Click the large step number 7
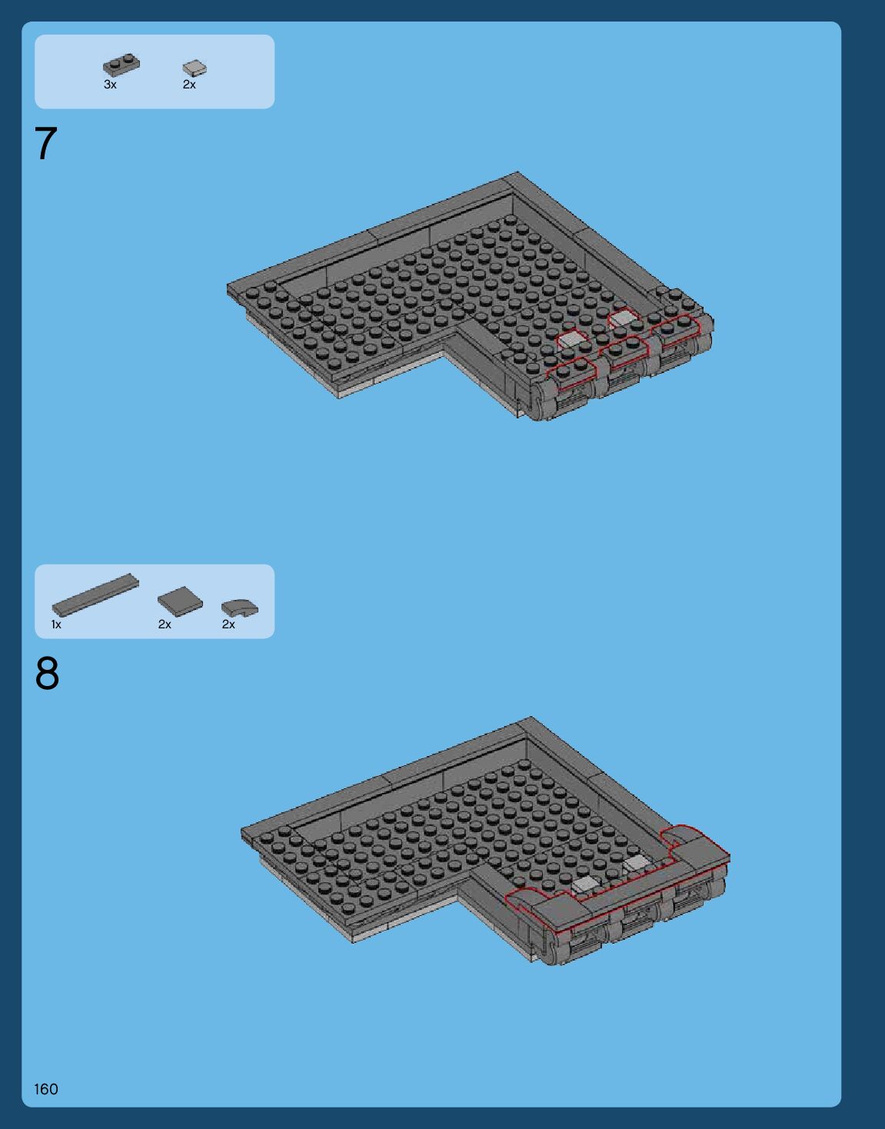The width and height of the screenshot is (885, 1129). click(45, 143)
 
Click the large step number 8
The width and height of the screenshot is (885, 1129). click(47, 674)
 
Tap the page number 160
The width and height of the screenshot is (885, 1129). click(45, 1089)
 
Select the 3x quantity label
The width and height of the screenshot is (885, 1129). click(110, 85)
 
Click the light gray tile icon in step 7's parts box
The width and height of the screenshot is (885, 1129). click(195, 68)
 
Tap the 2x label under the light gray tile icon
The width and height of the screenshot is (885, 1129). click(189, 85)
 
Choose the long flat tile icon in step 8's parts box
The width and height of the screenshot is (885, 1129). click(95, 595)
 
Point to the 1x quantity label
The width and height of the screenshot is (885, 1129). click(56, 624)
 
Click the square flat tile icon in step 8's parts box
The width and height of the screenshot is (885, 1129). click(180, 601)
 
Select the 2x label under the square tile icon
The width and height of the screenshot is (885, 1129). click(165, 624)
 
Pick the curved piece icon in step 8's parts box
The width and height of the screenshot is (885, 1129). click(239, 608)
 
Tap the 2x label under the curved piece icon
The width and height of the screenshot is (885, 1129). click(228, 624)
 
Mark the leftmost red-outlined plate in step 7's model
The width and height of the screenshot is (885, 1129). click(571, 373)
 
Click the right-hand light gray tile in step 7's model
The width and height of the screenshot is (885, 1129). click(621, 318)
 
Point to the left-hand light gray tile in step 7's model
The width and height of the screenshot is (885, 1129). click(571, 340)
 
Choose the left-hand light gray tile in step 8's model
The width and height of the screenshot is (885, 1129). click(584, 883)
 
